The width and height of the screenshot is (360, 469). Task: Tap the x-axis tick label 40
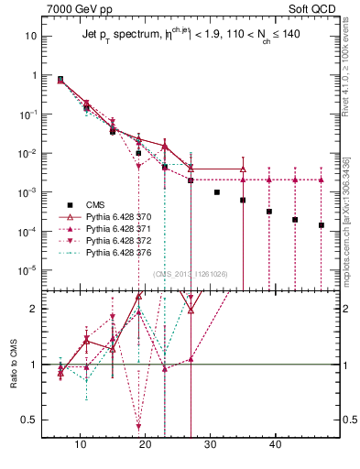pyautogui.click(x=276, y=444)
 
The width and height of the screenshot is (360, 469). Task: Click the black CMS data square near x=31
pyautogui.click(x=217, y=192)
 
